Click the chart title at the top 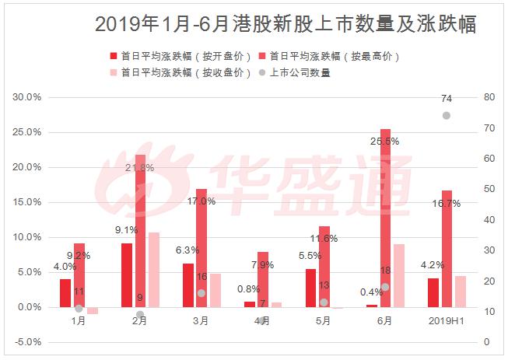(x=286, y=24)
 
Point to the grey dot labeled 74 (x=447, y=115)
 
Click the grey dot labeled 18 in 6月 (x=385, y=287)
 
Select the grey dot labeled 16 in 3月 (x=201, y=293)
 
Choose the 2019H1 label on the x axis (x=446, y=320)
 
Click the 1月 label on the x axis (x=79, y=320)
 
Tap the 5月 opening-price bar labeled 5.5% (x=310, y=288)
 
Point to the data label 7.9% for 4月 (x=263, y=265)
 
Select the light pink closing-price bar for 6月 (x=398, y=275)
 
